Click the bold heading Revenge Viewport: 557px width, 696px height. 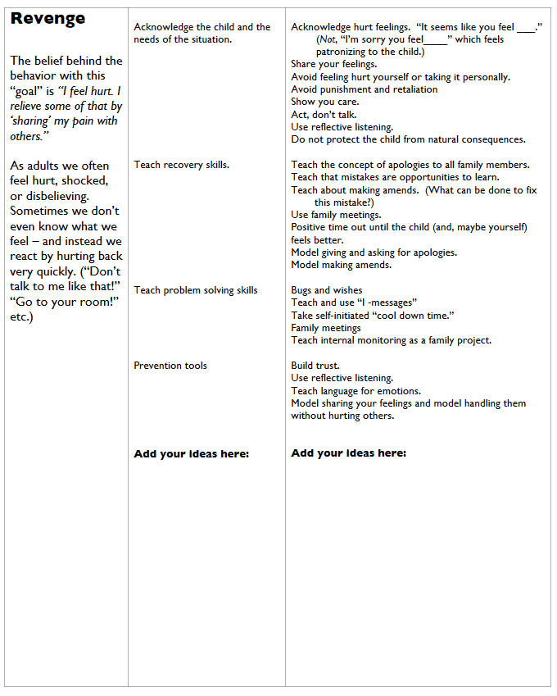coord(48,19)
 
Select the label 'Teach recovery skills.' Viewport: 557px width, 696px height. coord(181,165)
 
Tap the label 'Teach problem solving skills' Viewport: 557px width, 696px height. coord(195,290)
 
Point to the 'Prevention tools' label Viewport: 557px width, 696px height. coord(170,366)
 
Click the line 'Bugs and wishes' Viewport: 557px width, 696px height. coord(326,290)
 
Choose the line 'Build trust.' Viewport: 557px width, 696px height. coord(315,366)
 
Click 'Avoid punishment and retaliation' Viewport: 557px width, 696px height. coord(364,89)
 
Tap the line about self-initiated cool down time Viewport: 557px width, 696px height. coord(372,316)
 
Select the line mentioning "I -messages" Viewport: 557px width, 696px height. coord(354,303)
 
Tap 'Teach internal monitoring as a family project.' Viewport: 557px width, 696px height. coord(391,340)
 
